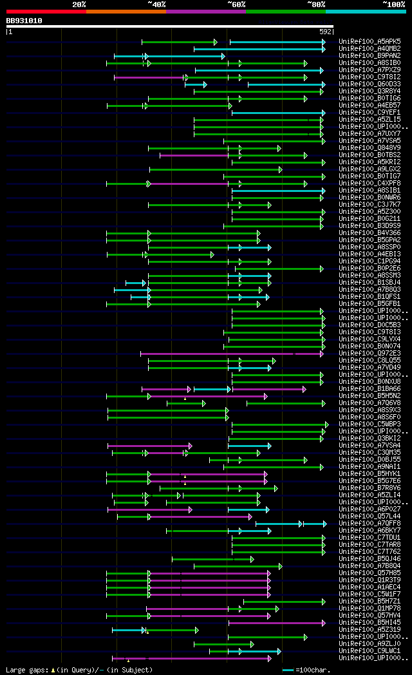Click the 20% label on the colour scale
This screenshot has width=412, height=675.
tap(79, 5)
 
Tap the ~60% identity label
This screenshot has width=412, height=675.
tap(236, 5)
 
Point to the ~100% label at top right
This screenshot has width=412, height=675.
tap(393, 5)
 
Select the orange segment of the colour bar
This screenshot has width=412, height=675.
tap(126, 12)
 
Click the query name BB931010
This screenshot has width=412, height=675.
tap(24, 21)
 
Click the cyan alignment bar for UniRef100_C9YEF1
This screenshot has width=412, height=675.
tap(277, 113)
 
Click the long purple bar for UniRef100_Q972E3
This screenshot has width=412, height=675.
tap(219, 354)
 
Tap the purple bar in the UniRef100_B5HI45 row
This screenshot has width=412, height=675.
tap(277, 623)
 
